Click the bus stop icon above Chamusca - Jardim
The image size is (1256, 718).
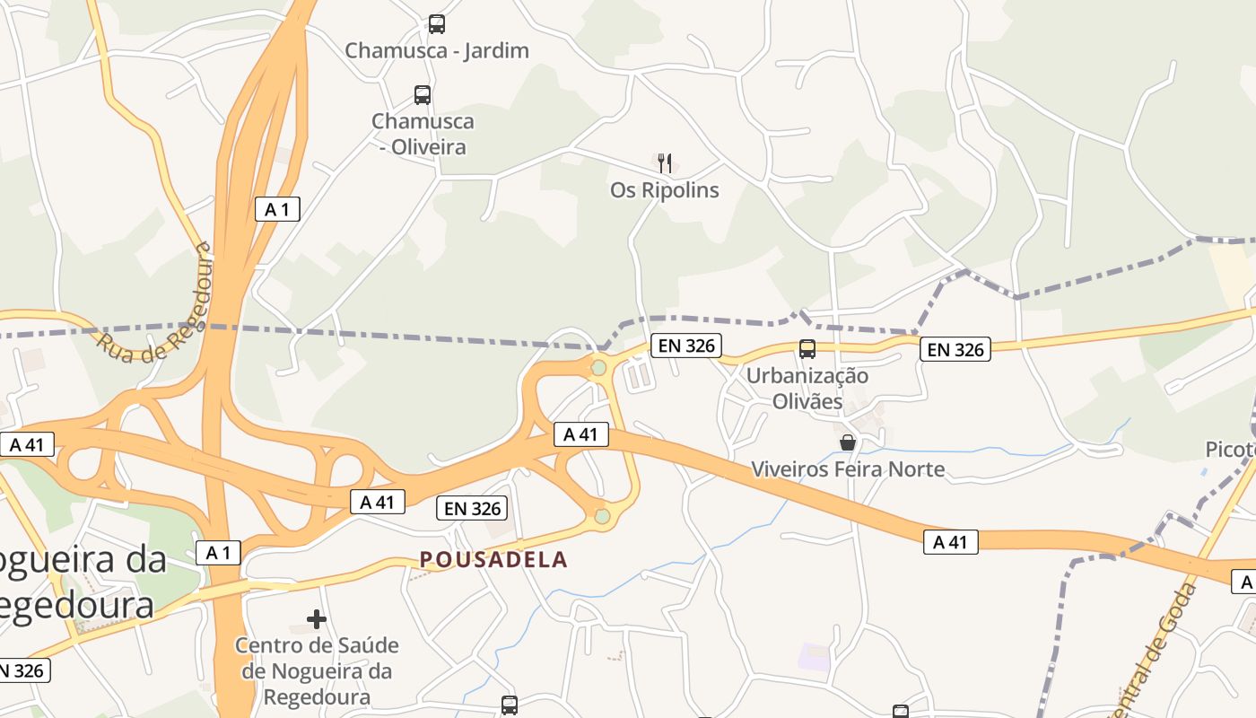[437, 24]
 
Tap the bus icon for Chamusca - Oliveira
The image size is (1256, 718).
[423, 94]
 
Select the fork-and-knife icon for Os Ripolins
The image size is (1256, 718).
[665, 162]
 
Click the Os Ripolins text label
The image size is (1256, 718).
[665, 190]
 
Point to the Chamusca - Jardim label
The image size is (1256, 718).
[437, 50]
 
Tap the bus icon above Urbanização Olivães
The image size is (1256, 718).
[807, 349]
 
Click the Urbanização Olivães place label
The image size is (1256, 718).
[807, 388]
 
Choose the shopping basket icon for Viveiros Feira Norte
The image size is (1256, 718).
[848, 442]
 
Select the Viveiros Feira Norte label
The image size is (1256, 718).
[848, 468]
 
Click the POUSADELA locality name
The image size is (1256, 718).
[494, 559]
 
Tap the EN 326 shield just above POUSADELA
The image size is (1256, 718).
[473, 509]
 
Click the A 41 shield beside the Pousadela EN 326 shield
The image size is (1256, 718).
[377, 502]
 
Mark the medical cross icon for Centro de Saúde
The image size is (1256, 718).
[317, 618]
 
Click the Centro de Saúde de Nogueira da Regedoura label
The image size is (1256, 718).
[317, 670]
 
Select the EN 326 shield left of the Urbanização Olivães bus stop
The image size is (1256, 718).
[686, 346]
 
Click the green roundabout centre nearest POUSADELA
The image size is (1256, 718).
[602, 516]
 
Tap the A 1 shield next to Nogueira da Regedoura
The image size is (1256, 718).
[219, 552]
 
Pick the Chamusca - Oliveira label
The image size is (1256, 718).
[423, 133]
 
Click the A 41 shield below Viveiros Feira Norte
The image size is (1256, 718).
[950, 541]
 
